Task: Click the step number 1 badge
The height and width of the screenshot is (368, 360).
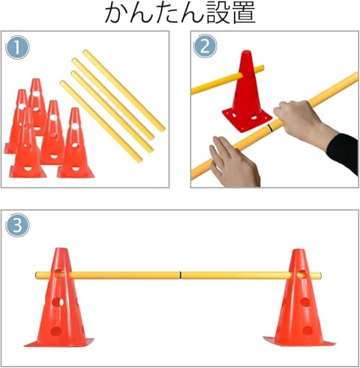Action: pos(17,47)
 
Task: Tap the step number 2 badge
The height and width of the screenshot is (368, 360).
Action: pos(205,46)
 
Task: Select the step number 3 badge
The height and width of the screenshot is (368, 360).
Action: pos(17,225)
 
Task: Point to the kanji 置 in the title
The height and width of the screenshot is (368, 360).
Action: pos(244,13)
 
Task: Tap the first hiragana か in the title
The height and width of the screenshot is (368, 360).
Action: pos(116,13)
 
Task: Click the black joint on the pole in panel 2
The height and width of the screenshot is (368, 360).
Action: pos(270,127)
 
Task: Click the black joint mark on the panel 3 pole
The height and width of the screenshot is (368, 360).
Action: pos(180,275)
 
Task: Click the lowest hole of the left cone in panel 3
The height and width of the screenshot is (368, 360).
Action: pos(56,331)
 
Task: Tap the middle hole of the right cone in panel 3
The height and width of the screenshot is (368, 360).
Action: pos(305,302)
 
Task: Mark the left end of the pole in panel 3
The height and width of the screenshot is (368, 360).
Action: pos(36,275)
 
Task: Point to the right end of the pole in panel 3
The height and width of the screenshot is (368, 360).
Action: pos(320,275)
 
